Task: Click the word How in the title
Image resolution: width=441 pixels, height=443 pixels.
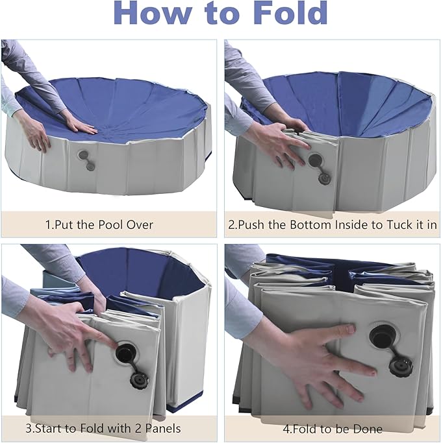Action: [153, 14]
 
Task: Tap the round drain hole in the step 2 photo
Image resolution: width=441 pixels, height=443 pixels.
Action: [315, 160]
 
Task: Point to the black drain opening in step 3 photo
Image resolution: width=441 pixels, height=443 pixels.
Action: [125, 354]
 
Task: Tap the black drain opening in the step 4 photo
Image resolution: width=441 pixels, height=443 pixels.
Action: [379, 337]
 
